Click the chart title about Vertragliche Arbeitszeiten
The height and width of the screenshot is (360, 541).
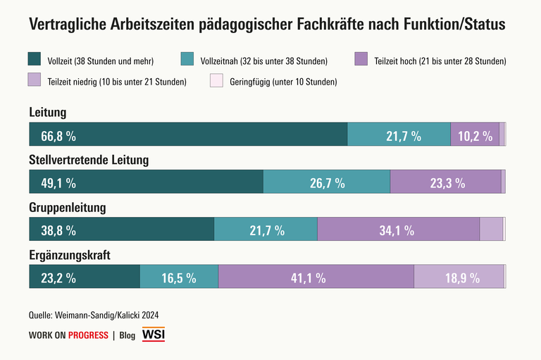[267, 25]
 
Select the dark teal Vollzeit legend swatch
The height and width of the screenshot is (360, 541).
[35, 61]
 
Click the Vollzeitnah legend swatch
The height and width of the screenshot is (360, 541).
[188, 61]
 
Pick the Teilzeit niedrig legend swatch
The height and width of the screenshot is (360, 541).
[35, 81]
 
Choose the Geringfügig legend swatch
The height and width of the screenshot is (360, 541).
[217, 81]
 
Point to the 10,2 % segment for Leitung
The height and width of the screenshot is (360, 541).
[475, 136]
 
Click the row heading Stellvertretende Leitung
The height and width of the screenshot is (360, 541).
[89, 160]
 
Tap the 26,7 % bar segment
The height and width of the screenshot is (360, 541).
[327, 183]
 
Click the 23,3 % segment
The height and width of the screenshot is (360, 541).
[447, 183]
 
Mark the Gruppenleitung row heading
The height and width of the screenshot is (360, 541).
[68, 208]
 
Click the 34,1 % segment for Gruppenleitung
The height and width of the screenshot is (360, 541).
[397, 230]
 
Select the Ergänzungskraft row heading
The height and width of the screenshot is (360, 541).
[70, 255]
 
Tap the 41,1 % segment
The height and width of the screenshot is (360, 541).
[309, 278]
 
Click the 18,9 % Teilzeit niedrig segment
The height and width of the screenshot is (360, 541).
[461, 278]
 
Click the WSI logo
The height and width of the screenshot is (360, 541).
[154, 335]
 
